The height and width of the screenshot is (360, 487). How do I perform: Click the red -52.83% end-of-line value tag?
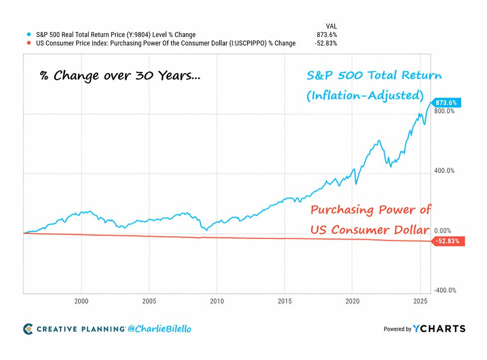[448, 241]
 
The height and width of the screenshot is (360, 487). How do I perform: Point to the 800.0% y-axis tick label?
[444, 111]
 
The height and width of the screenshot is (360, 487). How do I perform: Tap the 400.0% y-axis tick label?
[444, 171]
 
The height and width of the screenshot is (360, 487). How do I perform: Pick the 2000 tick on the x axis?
[81, 301]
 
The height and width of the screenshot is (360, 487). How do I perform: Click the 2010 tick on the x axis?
[217, 301]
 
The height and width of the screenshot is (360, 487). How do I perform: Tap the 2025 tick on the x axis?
[420, 301]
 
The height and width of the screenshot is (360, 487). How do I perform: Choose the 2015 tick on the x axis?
[284, 301]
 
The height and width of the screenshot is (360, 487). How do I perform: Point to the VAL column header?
[332, 26]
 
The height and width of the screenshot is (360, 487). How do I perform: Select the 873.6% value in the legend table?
[327, 35]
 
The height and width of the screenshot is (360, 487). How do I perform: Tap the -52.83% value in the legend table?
[326, 43]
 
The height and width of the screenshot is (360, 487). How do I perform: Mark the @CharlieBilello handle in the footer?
[160, 329]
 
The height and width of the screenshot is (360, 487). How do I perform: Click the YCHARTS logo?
[439, 329]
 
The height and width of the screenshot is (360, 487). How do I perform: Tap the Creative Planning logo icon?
[28, 329]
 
